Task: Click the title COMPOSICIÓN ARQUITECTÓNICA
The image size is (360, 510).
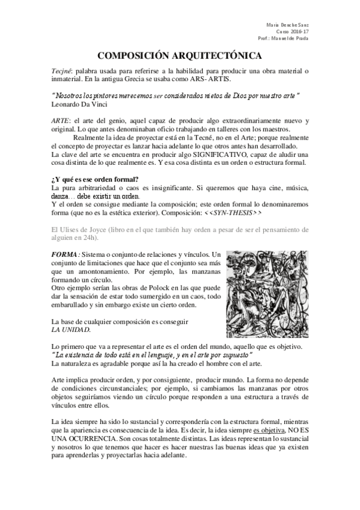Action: (180, 56)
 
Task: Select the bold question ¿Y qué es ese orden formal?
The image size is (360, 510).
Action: (95, 180)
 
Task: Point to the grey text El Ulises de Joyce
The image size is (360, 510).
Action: (78, 230)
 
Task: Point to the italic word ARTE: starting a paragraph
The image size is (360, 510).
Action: (62, 121)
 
